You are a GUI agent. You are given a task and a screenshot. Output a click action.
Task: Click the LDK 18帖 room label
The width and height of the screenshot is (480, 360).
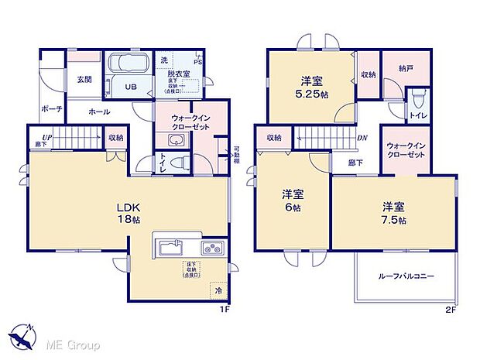tap(128, 214)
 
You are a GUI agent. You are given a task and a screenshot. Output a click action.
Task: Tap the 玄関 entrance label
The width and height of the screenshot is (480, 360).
tap(84, 79)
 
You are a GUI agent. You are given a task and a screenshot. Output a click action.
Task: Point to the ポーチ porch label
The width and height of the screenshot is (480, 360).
tap(52, 108)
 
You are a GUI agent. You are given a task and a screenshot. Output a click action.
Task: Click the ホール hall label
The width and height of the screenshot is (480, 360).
tap(98, 111)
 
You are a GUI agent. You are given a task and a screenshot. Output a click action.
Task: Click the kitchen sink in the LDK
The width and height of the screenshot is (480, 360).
tap(170, 249)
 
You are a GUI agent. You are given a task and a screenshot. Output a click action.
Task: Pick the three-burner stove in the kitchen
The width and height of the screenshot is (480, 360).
tap(211, 249)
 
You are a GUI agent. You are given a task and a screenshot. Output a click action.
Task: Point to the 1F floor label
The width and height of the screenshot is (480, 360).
tap(224, 310)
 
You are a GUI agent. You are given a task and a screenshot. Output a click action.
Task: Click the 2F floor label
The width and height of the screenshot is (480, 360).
tap(450, 310)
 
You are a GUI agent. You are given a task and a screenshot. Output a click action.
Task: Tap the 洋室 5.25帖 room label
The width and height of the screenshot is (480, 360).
tap(310, 87)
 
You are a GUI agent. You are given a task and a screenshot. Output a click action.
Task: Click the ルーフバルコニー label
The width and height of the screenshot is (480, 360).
tap(406, 276)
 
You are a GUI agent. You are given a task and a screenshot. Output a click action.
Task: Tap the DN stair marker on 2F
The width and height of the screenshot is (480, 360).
tap(362, 138)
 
